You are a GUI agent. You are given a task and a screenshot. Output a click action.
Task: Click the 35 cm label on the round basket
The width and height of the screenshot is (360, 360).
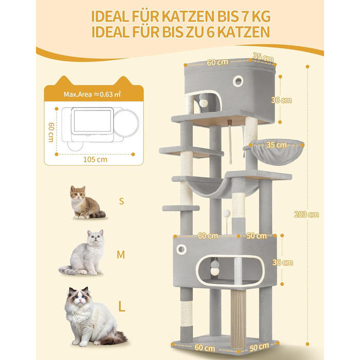(x=276, y=145)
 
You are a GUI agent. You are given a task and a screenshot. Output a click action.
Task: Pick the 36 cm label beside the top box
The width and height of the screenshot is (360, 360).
(x=281, y=100)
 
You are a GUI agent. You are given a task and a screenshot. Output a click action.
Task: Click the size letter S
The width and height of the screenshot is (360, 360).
(x=121, y=201)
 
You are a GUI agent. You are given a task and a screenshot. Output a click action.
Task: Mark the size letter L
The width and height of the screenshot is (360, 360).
(x=121, y=307)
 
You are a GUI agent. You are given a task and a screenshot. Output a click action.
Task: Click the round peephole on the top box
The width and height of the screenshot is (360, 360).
(x=238, y=80)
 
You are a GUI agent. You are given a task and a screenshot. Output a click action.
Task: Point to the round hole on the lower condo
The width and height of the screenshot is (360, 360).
(x=181, y=249)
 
